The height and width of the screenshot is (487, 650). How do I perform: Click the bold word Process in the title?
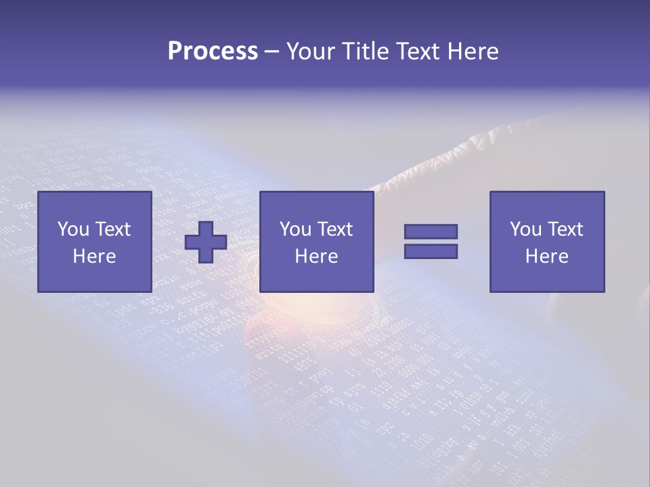pos(213,51)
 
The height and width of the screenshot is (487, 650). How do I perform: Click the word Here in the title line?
pos(474,51)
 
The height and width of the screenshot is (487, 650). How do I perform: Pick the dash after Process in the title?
pos(272,52)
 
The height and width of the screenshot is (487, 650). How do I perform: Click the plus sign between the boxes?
pos(206,242)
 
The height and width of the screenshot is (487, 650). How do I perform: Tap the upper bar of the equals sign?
pos(431,232)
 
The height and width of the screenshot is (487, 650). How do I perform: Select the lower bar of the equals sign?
pos(431,251)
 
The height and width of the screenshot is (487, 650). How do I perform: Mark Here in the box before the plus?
pos(95,256)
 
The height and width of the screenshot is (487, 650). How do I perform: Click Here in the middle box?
pos(317,256)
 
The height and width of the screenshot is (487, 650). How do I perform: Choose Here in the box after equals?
pos(547,256)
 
